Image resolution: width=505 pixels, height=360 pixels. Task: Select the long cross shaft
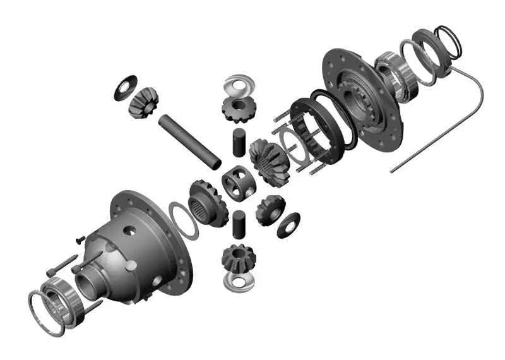[189, 138]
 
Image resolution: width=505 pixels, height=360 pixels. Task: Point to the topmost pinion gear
[238, 109]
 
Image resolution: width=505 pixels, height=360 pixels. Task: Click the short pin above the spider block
[239, 142]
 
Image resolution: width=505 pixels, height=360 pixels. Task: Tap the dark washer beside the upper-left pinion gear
[126, 87]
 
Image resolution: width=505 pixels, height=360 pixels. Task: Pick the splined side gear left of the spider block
[207, 203]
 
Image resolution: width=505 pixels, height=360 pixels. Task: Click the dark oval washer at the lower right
[288, 225]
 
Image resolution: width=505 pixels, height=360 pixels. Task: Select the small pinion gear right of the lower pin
[270, 210]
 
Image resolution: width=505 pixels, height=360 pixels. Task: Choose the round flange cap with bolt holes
[363, 95]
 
